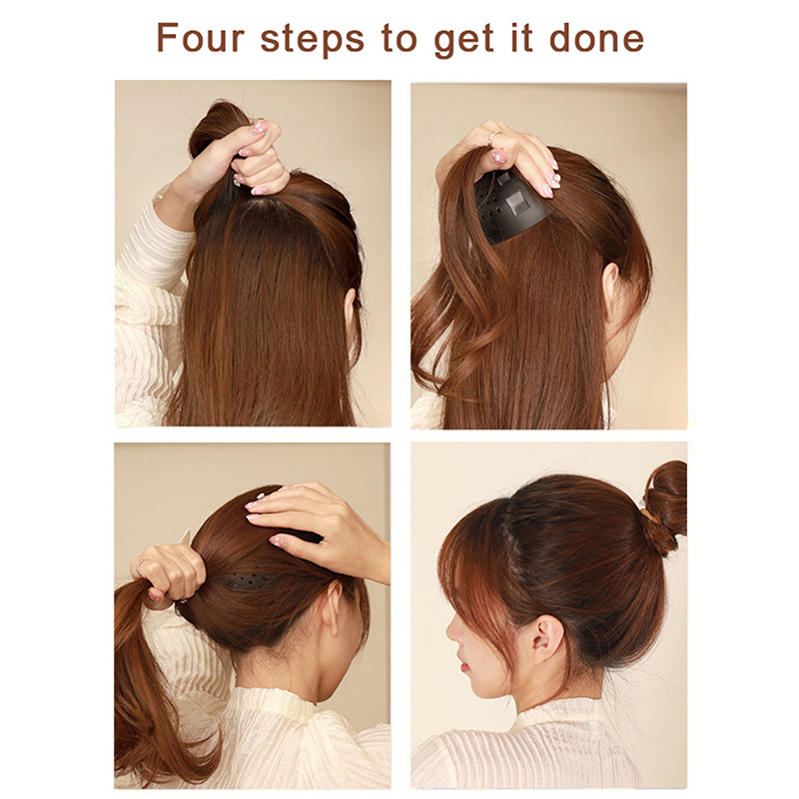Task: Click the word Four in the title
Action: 201,38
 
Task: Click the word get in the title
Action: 463,41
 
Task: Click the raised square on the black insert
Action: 516,204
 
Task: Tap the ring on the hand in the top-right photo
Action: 493,138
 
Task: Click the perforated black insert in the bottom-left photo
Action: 250,581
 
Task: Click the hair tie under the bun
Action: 649,517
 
